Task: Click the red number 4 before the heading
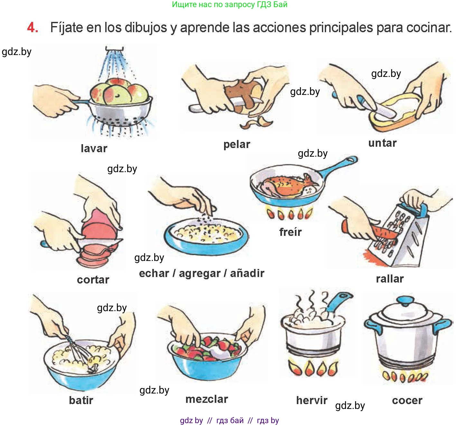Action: (x=32, y=28)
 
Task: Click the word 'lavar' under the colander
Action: (x=94, y=148)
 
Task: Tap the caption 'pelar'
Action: (x=237, y=144)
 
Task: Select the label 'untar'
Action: (x=382, y=143)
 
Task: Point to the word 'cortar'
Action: (x=93, y=280)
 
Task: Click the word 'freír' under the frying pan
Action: (x=290, y=232)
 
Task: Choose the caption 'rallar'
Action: (x=390, y=279)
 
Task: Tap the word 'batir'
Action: (x=81, y=400)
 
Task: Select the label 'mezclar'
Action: (x=207, y=399)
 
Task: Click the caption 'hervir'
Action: (x=312, y=400)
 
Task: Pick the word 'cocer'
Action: (x=407, y=401)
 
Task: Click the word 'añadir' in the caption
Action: (x=247, y=273)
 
